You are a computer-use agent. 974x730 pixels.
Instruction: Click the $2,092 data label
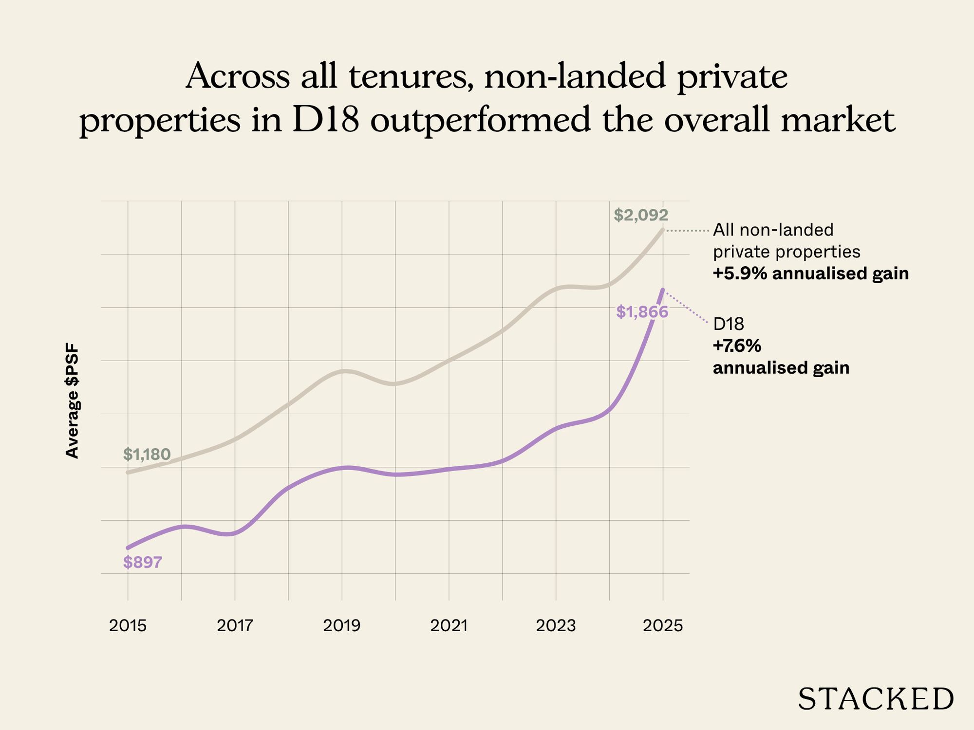[641, 215]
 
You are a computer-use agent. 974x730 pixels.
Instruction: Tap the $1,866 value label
[642, 312]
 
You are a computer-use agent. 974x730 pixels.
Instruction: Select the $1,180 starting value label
[147, 455]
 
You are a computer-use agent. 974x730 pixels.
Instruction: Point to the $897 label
[142, 563]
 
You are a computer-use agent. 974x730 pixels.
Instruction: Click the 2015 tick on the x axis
[128, 625]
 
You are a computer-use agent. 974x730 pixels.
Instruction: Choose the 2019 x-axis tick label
[341, 625]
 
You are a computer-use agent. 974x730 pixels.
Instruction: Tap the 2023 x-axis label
[556, 625]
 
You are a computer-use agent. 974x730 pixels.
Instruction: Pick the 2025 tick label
[663, 625]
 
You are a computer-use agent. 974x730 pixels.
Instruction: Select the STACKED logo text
[875, 699]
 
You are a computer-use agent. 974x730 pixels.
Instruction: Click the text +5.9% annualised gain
[810, 274]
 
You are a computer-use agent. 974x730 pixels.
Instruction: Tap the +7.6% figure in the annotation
[737, 346]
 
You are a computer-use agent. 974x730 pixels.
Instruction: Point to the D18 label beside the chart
[728, 324]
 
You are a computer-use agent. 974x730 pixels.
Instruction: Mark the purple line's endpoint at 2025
[663, 290]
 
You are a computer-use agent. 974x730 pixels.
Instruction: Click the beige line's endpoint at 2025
[663, 229]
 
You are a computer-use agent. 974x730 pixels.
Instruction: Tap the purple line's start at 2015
[128, 548]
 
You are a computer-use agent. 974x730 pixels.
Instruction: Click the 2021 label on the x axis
[449, 625]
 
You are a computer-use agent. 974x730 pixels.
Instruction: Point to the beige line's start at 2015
[128, 473]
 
